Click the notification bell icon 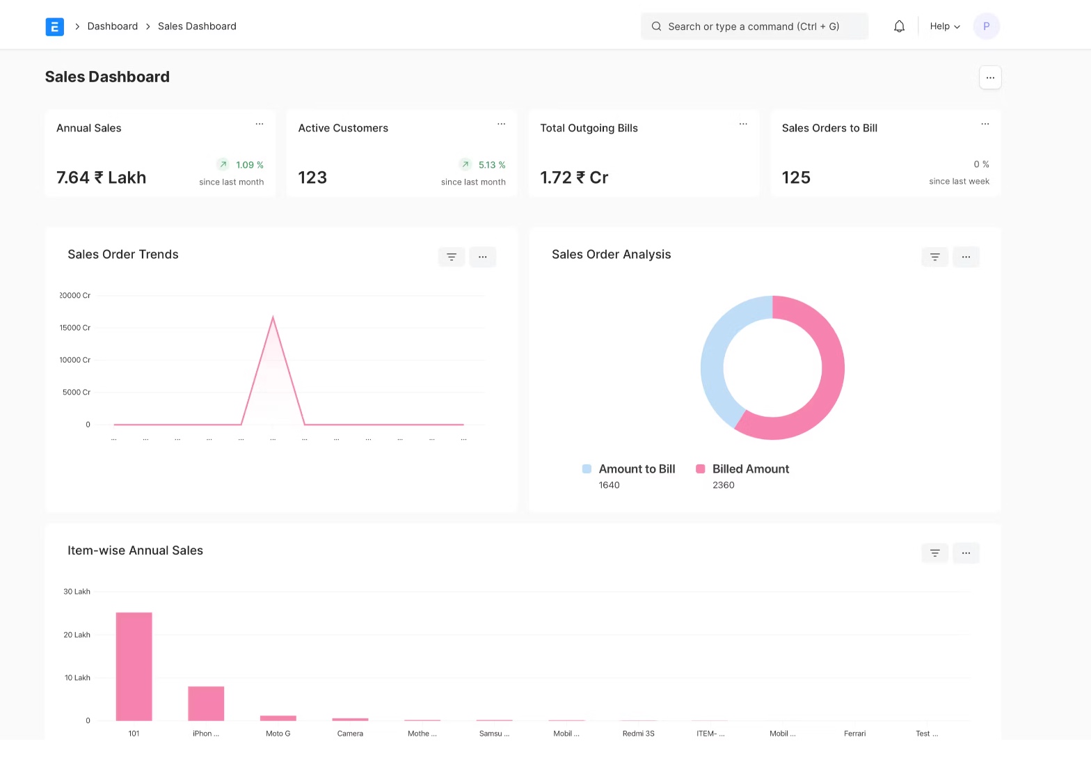tap(899, 26)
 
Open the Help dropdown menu tap(944, 26)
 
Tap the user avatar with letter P tap(986, 26)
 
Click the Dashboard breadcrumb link tap(112, 26)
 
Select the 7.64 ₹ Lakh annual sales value tap(101, 177)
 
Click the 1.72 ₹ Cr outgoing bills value tap(574, 177)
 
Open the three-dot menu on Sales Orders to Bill tap(985, 124)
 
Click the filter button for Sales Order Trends tap(451, 257)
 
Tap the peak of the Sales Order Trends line tap(273, 317)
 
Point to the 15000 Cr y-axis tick tap(75, 328)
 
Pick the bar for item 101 tap(134, 666)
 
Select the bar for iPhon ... tap(206, 703)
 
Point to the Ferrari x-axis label tap(854, 734)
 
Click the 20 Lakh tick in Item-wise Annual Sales tap(77, 635)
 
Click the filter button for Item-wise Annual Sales tap(934, 553)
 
